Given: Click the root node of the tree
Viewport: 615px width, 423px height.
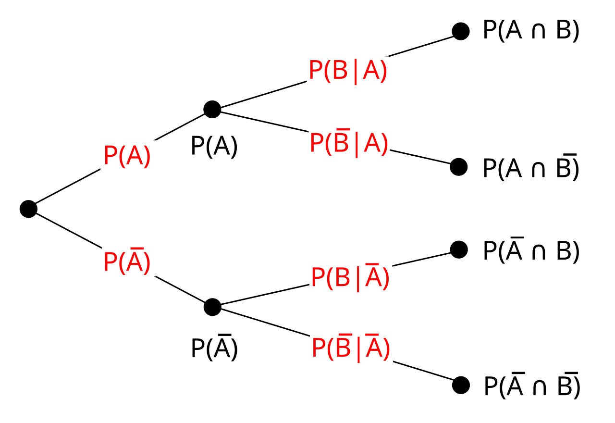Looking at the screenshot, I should pyautogui.click(x=28, y=209).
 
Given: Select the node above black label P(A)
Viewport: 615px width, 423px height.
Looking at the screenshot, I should pyautogui.click(x=212, y=109).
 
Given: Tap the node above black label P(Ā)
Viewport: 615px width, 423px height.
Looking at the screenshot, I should pyautogui.click(x=212, y=307).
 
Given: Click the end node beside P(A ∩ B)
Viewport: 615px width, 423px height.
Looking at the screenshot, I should pyautogui.click(x=460, y=31).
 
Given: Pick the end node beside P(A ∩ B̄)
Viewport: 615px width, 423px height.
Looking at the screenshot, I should pyautogui.click(x=459, y=167).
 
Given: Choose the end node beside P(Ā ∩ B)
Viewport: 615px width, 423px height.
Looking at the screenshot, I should pyautogui.click(x=459, y=249).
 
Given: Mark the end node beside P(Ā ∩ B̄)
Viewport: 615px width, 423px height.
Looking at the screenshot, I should pyautogui.click(x=460, y=385).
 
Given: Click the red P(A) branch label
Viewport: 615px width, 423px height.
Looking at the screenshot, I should pyautogui.click(x=127, y=156).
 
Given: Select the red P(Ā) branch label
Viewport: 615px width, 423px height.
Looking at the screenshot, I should pyautogui.click(x=127, y=262).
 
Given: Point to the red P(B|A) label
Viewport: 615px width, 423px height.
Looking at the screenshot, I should pyautogui.click(x=348, y=72).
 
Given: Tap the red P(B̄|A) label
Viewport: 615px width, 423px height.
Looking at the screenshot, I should pyautogui.click(x=349, y=143).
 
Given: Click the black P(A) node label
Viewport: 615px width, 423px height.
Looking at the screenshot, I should pyautogui.click(x=214, y=146).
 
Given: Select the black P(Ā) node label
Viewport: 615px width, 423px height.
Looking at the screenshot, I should pyautogui.click(x=214, y=348).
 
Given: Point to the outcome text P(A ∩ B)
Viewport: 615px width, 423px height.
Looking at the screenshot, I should pyautogui.click(x=531, y=31).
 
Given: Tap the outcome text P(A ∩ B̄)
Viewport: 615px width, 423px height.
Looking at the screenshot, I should pyautogui.click(x=531, y=168).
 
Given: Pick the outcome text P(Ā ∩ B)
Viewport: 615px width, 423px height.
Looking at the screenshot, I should pyautogui.click(x=531, y=250).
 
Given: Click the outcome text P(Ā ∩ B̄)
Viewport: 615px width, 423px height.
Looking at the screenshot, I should pyautogui.click(x=532, y=386).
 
